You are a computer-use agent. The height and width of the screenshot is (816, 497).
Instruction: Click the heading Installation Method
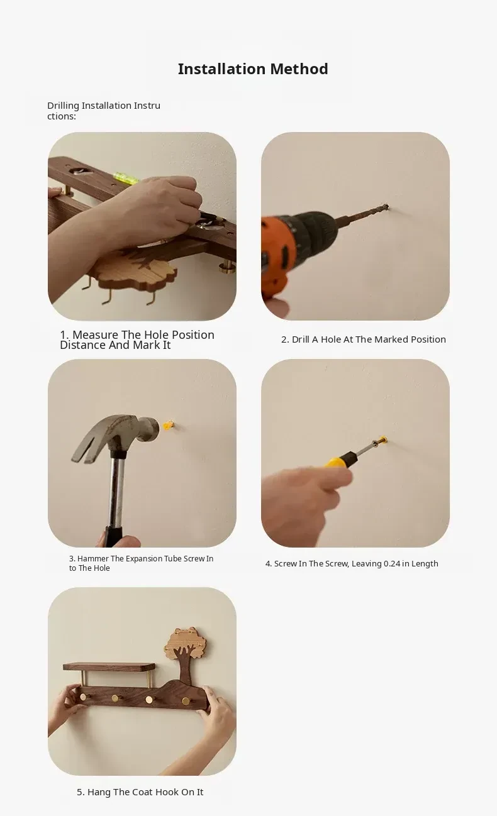pyautogui.click(x=253, y=69)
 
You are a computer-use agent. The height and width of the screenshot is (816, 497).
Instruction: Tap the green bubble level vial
pyautogui.click(x=126, y=178)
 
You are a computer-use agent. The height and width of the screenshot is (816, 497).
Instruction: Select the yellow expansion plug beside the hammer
pyautogui.click(x=168, y=425)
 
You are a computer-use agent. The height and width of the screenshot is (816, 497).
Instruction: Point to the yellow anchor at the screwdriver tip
pyautogui.click(x=383, y=439)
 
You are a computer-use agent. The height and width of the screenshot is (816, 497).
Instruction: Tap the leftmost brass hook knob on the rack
pyautogui.click(x=84, y=697)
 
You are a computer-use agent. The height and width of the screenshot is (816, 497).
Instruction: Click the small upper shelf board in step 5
pyautogui.click(x=109, y=666)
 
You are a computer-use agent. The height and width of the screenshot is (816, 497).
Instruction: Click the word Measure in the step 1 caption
pyautogui.click(x=96, y=334)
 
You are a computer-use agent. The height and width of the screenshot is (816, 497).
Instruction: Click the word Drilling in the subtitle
pyautogui.click(x=63, y=106)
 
